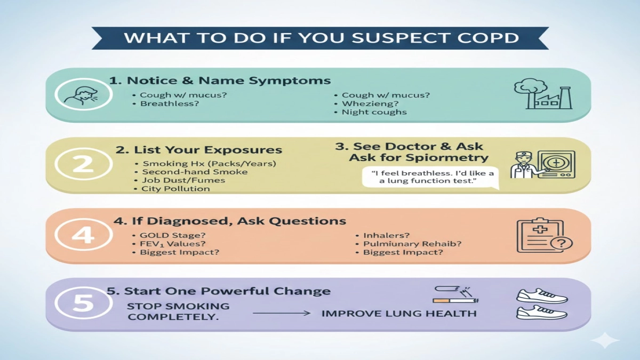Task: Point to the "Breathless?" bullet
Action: pyautogui.click(x=169, y=103)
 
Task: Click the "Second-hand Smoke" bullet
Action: pyautogui.click(x=194, y=172)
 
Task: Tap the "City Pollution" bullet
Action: pyautogui.click(x=175, y=188)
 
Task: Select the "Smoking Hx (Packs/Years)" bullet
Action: pyautogui.click(x=209, y=163)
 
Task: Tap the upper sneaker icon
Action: pyautogui.click(x=542, y=296)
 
